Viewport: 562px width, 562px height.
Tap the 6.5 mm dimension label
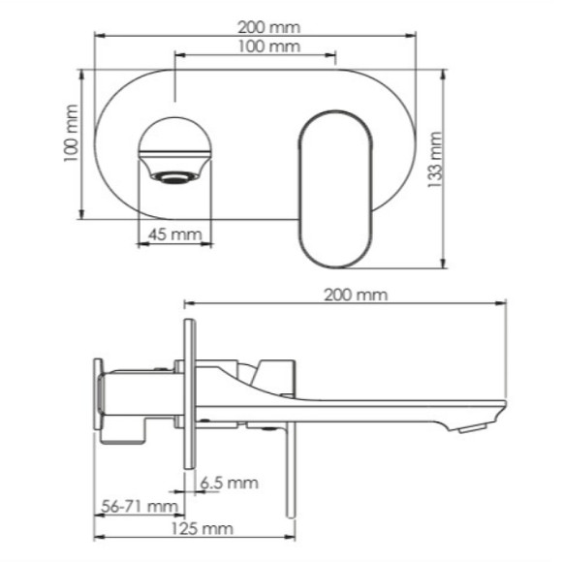[230, 482]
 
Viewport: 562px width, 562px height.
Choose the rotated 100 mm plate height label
[70, 142]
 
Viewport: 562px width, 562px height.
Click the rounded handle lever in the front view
[334, 186]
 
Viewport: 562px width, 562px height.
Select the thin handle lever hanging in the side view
[287, 465]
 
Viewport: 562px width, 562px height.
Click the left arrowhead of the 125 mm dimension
[97, 538]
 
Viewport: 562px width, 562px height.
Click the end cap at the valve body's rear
[98, 394]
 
